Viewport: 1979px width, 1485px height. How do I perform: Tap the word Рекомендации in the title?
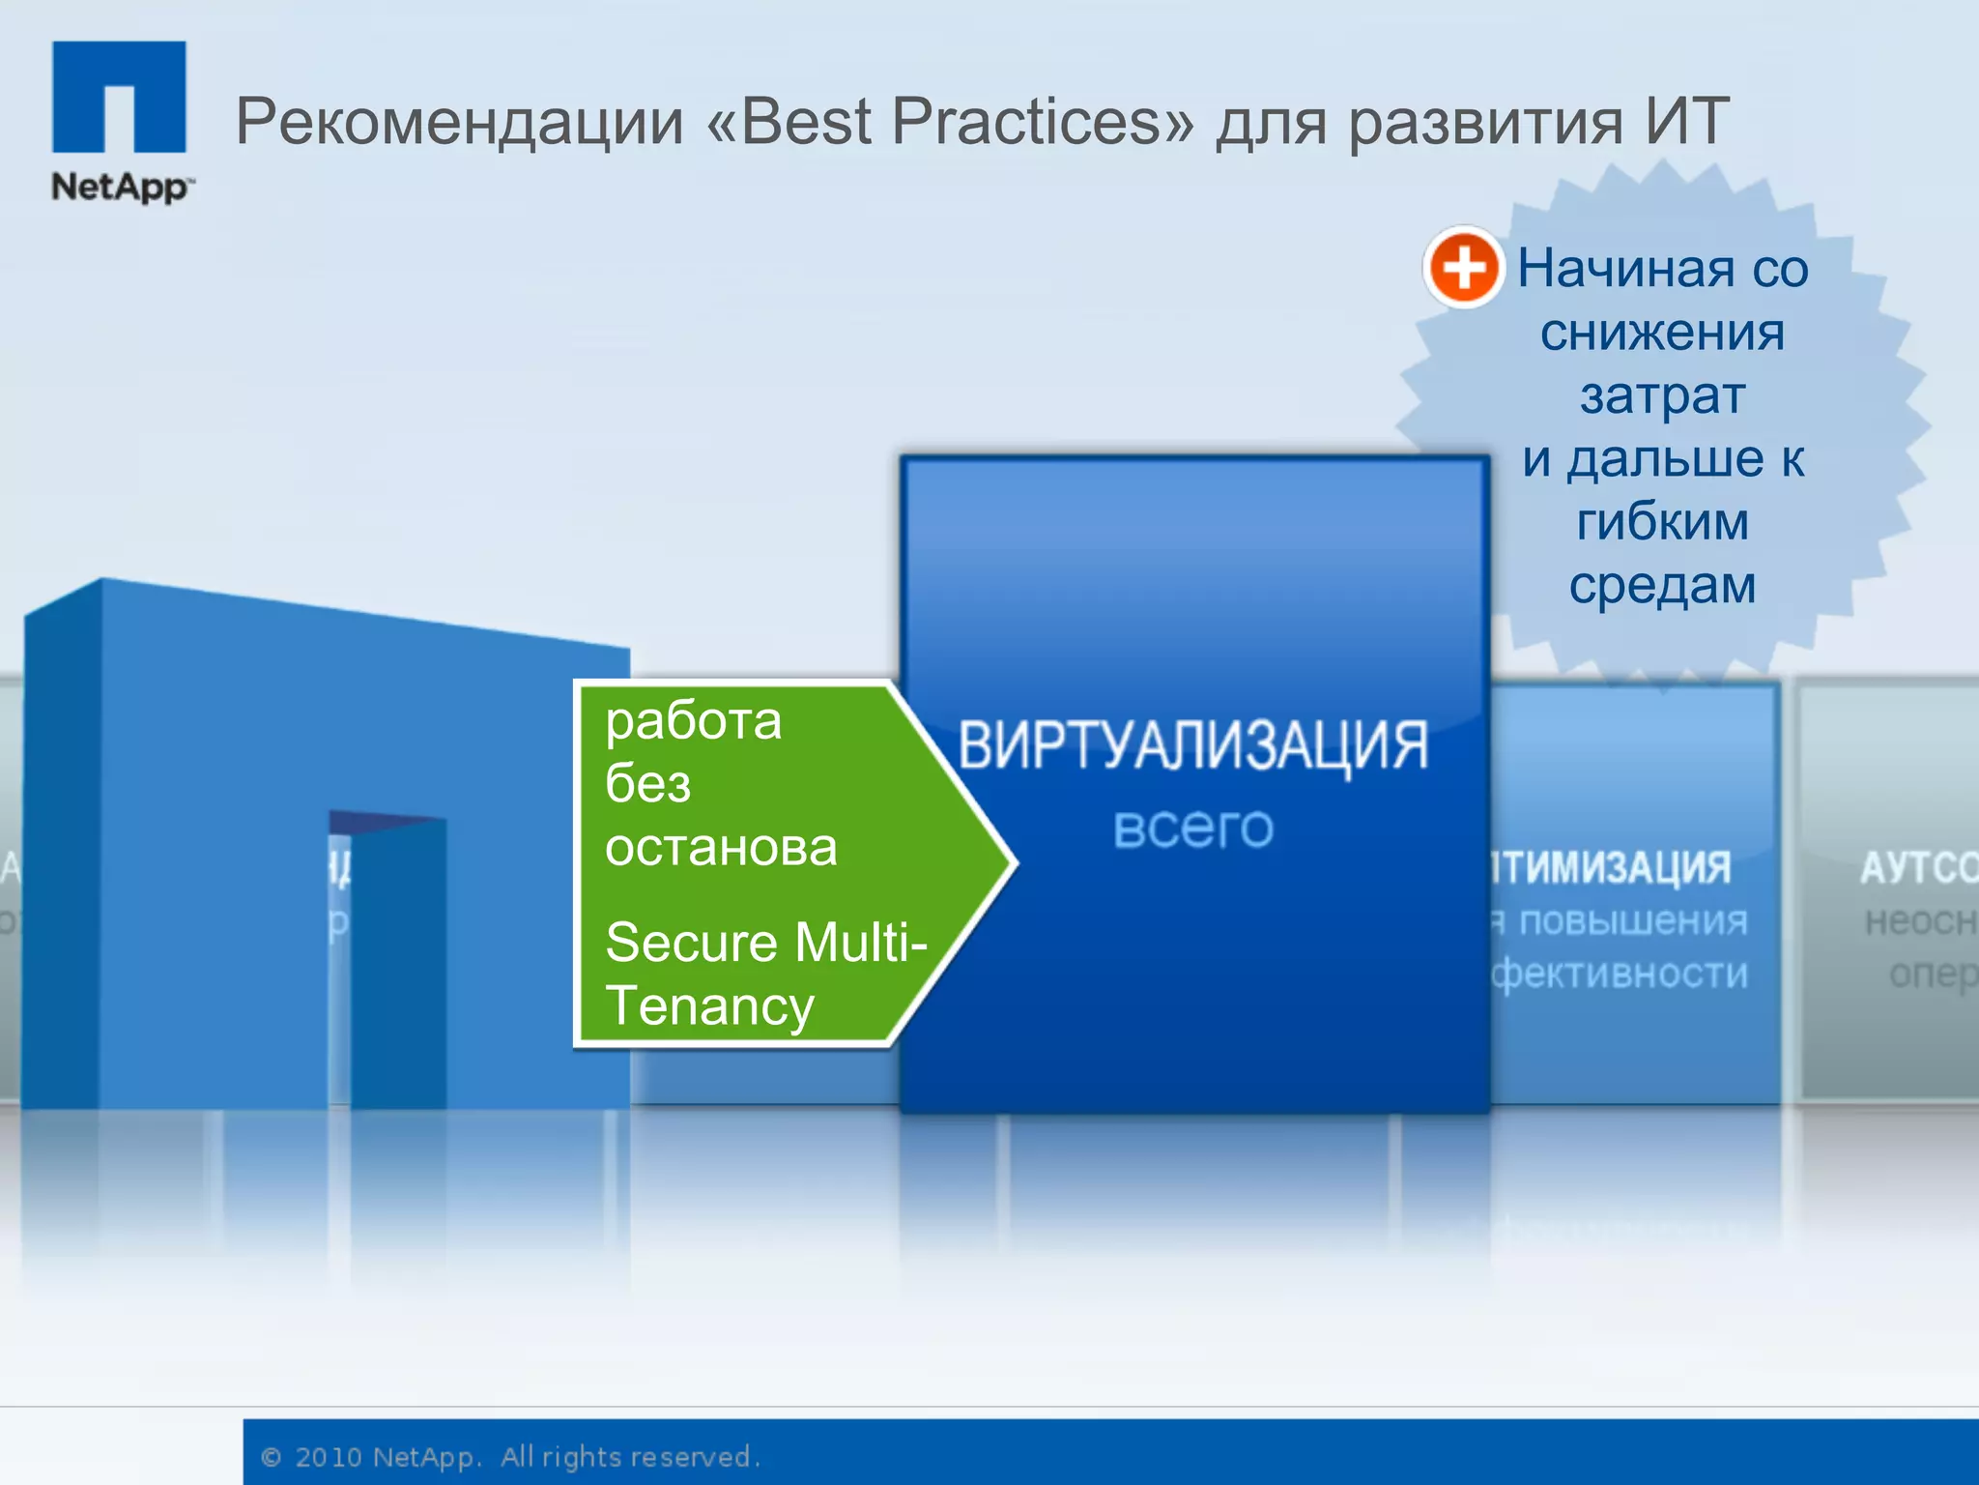pos(458,123)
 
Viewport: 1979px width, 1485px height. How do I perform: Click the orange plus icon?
pos(1463,267)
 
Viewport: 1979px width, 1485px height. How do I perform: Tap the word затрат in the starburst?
pos(1662,395)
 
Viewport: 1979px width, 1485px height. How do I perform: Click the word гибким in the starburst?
pos(1662,522)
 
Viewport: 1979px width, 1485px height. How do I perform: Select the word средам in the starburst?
pos(1662,585)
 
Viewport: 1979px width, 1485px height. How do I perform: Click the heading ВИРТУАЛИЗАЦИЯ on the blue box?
pos(1192,745)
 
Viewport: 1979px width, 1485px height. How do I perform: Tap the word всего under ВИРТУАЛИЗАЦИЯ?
pos(1192,828)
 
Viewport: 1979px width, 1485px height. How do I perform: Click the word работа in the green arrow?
pos(693,721)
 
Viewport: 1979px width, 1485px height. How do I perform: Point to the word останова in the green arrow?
pos(721,848)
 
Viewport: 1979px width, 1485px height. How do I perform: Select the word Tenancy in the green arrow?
pos(710,1006)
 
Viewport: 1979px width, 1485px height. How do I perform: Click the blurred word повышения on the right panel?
pos(1633,921)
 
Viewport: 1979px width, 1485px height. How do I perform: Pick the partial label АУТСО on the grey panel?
pos(1918,867)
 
